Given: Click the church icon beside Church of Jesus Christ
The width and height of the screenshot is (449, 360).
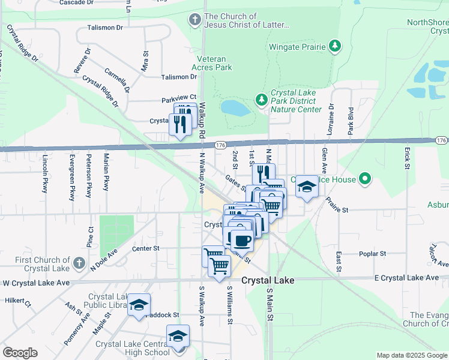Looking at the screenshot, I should pos(194,20).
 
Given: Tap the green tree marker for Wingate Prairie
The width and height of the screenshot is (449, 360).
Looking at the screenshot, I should pos(336,46).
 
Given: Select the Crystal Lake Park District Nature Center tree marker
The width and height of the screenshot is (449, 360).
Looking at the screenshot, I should pos(261,99).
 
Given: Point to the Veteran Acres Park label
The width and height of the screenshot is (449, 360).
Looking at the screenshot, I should pos(211,64).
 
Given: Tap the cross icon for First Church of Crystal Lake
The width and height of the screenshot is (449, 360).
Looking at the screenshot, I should pos(79,263).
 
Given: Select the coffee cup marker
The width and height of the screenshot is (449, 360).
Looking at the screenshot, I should pos(242,241).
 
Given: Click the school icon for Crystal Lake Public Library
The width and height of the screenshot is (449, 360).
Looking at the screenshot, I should pos(139,305).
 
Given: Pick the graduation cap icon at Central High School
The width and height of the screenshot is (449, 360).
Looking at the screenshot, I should pos(178,336).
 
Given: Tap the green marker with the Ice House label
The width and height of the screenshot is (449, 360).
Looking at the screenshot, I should pos(364,179).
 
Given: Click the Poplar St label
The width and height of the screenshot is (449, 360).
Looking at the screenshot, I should pos(372,254).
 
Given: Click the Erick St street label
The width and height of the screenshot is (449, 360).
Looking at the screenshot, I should pos(407,158).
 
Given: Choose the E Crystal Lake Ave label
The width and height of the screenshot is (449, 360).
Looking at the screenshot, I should pos(406,277).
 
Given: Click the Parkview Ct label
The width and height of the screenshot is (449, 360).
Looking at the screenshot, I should pos(179,97).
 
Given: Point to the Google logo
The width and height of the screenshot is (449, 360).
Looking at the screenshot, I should pos(20,353).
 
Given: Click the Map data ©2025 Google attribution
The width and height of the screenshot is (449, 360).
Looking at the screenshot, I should pos(411,355).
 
